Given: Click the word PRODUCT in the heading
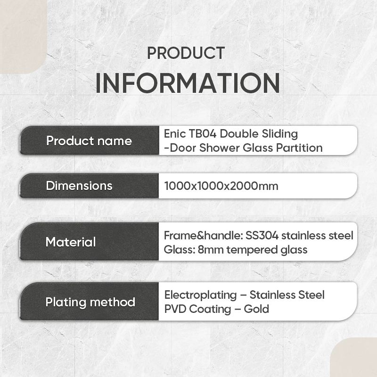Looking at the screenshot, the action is pos(186,53).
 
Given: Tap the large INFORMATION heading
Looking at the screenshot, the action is pos(188,83).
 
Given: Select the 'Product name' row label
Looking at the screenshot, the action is pos(89,140).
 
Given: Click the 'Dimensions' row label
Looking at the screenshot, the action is pos(79,186).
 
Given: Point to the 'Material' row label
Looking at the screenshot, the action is pos(71,242).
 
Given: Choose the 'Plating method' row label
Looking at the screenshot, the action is pos(90,302).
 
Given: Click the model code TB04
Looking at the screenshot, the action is pos(203,134).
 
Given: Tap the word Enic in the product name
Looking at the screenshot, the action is pos(175,134).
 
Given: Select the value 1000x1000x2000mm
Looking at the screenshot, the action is pos(221,186).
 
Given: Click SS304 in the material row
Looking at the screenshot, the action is pos(262,236).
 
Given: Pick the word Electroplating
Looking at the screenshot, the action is pos(201,295).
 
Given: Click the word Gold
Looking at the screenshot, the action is pos(256,309).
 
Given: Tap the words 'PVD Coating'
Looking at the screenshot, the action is pos(197,310).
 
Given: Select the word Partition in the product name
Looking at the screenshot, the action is pos(299,148).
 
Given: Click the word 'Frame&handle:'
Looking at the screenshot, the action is pos(204,236).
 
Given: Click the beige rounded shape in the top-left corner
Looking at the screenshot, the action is pos(23,37).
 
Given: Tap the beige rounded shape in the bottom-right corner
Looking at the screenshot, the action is pos(353,357).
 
